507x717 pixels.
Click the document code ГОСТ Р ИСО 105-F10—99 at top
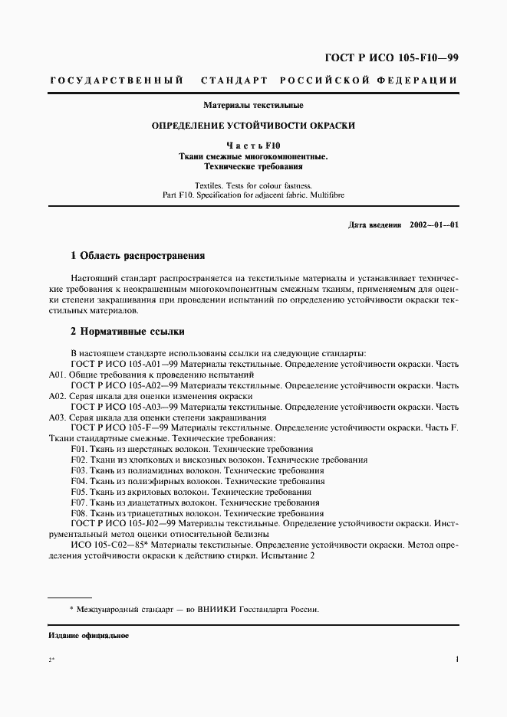tap(392, 57)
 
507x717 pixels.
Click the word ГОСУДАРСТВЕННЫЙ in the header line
tap(116, 80)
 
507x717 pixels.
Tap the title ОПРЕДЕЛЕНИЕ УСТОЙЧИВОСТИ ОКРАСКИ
tap(253, 125)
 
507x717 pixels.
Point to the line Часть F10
tap(253, 145)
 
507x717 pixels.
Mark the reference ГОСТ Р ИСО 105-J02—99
tap(123, 523)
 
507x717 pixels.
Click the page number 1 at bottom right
tap(456, 660)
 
